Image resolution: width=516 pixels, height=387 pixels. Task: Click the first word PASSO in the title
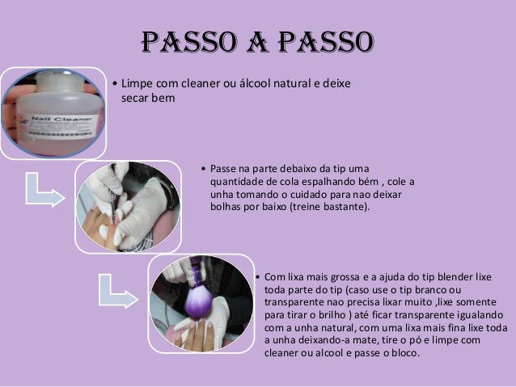point(189,42)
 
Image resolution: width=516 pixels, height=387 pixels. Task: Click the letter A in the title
point(257,42)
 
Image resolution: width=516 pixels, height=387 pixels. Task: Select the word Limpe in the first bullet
point(137,84)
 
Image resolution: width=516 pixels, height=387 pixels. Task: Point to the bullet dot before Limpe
point(115,83)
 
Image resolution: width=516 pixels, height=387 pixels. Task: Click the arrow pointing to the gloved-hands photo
point(44,191)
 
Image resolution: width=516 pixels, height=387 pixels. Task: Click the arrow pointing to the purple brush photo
point(117,292)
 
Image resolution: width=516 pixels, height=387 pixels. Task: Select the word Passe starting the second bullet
point(222,169)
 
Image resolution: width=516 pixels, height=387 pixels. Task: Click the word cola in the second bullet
point(290,182)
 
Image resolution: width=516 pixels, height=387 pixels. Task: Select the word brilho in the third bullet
point(332,315)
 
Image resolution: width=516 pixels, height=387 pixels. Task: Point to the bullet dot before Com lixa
point(257,277)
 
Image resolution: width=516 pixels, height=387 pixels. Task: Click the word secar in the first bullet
point(133,98)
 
